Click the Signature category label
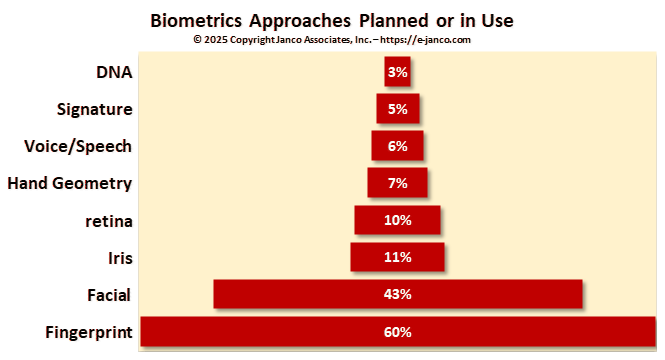click(x=96, y=109)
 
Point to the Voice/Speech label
click(x=78, y=146)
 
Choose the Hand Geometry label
click(x=70, y=183)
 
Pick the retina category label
click(x=109, y=220)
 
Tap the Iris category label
click(x=118, y=257)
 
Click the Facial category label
click(x=110, y=294)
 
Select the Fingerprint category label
click(x=89, y=331)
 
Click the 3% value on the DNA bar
click(x=397, y=72)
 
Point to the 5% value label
click(x=397, y=109)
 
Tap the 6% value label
click(x=397, y=146)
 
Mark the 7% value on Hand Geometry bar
click(x=397, y=183)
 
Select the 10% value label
click(x=397, y=220)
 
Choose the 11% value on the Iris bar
click(x=397, y=257)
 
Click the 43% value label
click(x=397, y=294)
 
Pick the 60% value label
click(x=397, y=331)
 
